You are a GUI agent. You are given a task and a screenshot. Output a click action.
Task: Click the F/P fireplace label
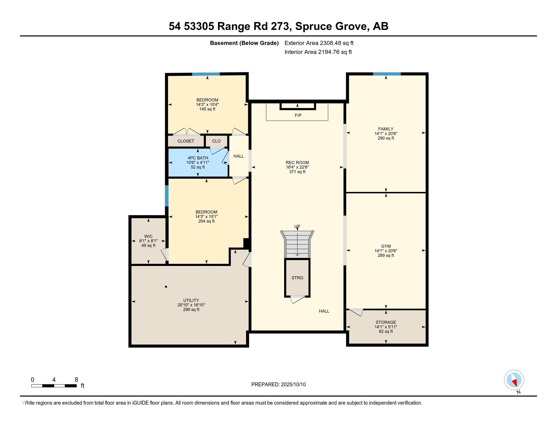298,115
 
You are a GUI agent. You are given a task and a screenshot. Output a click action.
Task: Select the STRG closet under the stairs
297,278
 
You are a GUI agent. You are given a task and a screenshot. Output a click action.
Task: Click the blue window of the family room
387,74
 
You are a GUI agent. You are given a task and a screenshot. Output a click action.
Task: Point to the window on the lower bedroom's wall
167,195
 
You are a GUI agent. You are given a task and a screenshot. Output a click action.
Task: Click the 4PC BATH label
198,158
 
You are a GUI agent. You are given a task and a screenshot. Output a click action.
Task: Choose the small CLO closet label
216,141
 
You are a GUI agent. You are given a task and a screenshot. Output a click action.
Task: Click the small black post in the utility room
166,287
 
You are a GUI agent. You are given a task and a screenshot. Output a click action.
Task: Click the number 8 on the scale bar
76,380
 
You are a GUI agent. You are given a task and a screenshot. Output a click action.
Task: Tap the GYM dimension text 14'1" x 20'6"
386,251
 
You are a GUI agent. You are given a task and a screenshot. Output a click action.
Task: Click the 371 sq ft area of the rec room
297,172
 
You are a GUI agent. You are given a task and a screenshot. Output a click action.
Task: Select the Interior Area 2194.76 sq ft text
318,52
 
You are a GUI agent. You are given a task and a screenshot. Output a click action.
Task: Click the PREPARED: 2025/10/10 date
278,385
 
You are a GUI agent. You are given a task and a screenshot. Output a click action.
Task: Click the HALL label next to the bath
238,156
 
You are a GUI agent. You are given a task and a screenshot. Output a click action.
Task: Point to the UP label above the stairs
297,226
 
